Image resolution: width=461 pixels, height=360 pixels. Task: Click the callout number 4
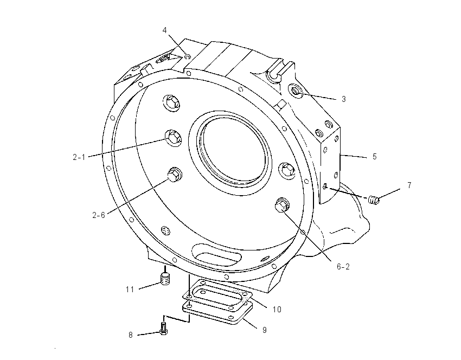[x=165, y=30]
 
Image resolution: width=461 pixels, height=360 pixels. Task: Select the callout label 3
[x=344, y=99]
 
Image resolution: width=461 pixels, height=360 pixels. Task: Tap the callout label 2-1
[x=79, y=157]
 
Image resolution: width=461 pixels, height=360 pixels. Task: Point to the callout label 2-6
[x=99, y=215]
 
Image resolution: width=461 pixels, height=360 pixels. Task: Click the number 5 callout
[x=375, y=156]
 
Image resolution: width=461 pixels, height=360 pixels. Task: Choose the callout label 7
[x=409, y=185]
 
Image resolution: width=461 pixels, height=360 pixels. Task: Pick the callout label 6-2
[x=343, y=267]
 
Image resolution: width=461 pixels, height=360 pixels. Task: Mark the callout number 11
[x=130, y=290]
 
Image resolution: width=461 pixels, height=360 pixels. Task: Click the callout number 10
[x=277, y=309]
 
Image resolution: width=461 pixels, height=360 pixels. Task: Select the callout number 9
[x=264, y=330]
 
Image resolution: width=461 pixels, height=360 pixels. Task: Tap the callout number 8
[x=131, y=335]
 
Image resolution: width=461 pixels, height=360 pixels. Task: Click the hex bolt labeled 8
[x=163, y=329]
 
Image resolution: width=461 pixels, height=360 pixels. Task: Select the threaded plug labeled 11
[x=165, y=279]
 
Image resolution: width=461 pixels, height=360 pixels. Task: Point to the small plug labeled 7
[x=374, y=200]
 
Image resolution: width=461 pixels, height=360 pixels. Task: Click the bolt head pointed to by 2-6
[x=174, y=174]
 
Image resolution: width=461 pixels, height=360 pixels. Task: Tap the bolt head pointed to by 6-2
[x=281, y=204]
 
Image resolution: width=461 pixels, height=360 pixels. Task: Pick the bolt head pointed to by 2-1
[x=174, y=137]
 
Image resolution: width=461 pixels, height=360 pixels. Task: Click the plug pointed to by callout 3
[x=296, y=91]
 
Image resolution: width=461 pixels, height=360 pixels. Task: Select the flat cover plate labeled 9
[x=217, y=312]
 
